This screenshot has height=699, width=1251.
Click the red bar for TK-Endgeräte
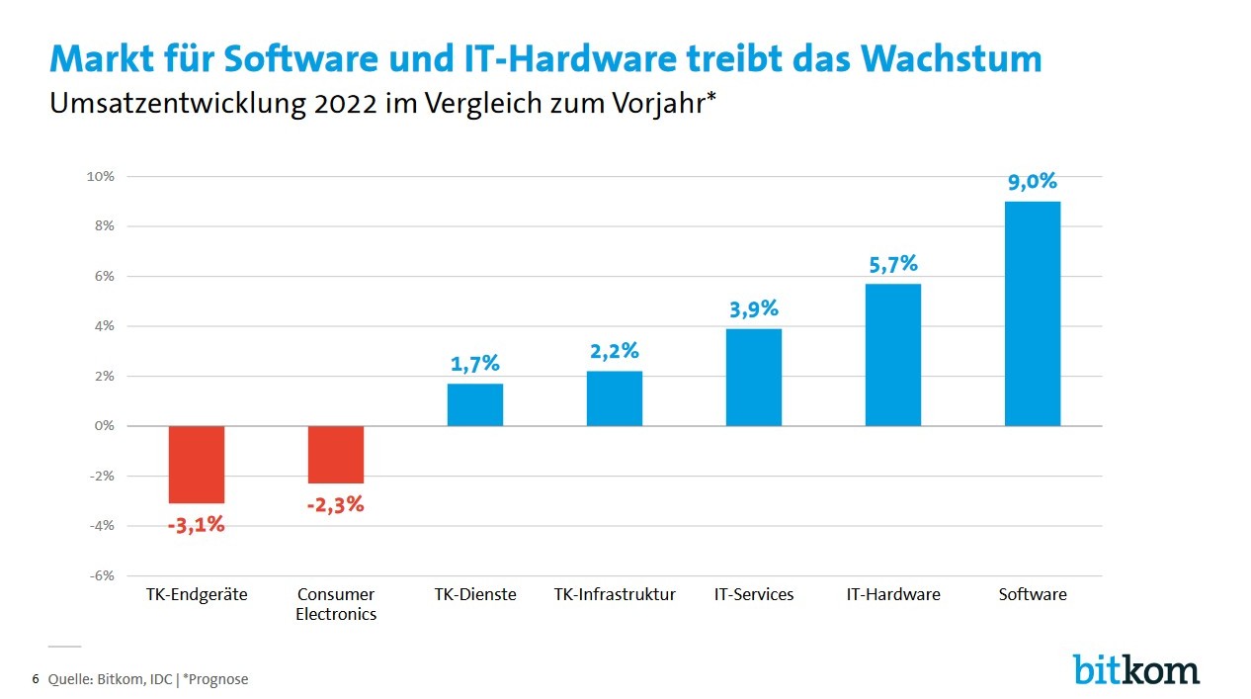196,464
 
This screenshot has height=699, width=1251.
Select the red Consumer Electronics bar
335,454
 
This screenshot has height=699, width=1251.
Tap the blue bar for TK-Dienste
474,404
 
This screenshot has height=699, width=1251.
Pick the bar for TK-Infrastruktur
614,398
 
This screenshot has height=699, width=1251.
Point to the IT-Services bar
753,377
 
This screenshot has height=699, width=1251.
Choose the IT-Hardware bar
892,354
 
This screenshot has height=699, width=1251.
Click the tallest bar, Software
1032,313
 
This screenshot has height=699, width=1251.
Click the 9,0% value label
1032,181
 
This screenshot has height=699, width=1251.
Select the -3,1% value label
196,525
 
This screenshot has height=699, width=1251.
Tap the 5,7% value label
892,264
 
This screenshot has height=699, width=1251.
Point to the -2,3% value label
335,505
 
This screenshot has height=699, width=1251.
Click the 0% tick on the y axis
105,426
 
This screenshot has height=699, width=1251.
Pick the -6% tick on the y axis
103,575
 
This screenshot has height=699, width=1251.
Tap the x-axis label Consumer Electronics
336,604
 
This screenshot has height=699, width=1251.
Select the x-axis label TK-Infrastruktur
615,594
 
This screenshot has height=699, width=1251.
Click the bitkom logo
1136,668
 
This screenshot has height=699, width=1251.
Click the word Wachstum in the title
952,59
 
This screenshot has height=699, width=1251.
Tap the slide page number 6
36,679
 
